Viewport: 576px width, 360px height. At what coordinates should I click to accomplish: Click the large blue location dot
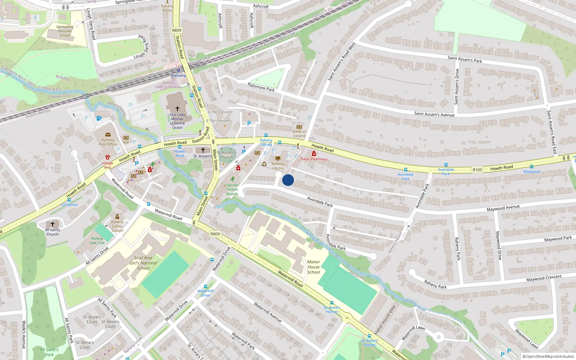point(288,180)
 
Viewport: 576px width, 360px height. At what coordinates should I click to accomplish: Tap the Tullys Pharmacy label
point(314,159)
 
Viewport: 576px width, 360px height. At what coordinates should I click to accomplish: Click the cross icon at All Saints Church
point(53,224)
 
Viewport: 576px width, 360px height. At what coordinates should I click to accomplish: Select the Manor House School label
point(314,267)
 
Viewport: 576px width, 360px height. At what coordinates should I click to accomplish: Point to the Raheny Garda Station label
point(117,226)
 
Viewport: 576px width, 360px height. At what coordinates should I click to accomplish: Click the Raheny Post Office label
point(108,142)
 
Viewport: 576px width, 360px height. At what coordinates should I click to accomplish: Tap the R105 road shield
point(477,170)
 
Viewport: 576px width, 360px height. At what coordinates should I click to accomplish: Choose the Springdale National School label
point(65,31)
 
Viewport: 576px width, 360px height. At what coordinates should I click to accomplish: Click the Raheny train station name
point(179,76)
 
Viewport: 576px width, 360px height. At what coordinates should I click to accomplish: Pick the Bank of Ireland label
point(299,134)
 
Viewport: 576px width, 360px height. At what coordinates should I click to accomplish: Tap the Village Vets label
point(107,165)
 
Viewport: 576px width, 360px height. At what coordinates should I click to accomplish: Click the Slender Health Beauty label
point(232,190)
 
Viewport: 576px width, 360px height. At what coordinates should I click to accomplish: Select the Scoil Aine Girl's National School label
point(143,263)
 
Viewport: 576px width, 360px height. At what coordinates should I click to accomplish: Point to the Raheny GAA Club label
point(97,241)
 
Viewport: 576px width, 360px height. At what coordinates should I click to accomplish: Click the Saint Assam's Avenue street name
point(434,114)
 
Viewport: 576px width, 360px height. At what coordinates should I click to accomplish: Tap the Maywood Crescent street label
point(544,278)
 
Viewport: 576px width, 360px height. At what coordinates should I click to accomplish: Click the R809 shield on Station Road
point(177,31)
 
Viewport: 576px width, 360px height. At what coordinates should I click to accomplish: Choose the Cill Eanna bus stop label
point(69,205)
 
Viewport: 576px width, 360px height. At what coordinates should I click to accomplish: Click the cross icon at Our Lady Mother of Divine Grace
point(177,108)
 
